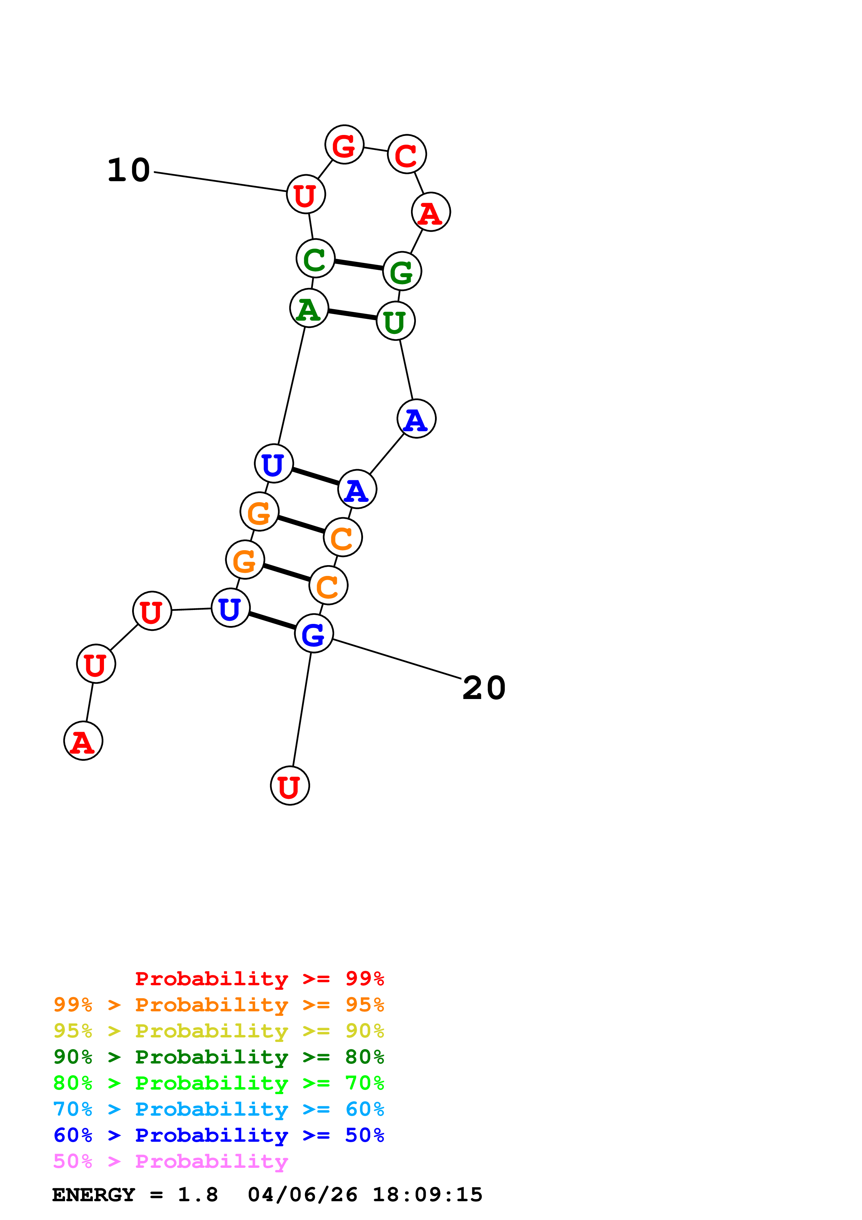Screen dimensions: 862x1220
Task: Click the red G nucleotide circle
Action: (x=344, y=145)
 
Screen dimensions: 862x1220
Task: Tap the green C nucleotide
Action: (x=315, y=259)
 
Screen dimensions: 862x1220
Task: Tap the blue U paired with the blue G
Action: (x=231, y=608)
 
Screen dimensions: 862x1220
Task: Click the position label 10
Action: (x=129, y=170)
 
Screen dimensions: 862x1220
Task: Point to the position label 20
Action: (x=484, y=688)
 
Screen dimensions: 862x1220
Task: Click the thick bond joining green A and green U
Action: (x=352, y=315)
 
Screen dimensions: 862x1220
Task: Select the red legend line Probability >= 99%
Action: (x=259, y=979)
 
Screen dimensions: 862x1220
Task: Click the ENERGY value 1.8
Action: (x=198, y=1195)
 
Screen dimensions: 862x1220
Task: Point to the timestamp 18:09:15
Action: (x=427, y=1195)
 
